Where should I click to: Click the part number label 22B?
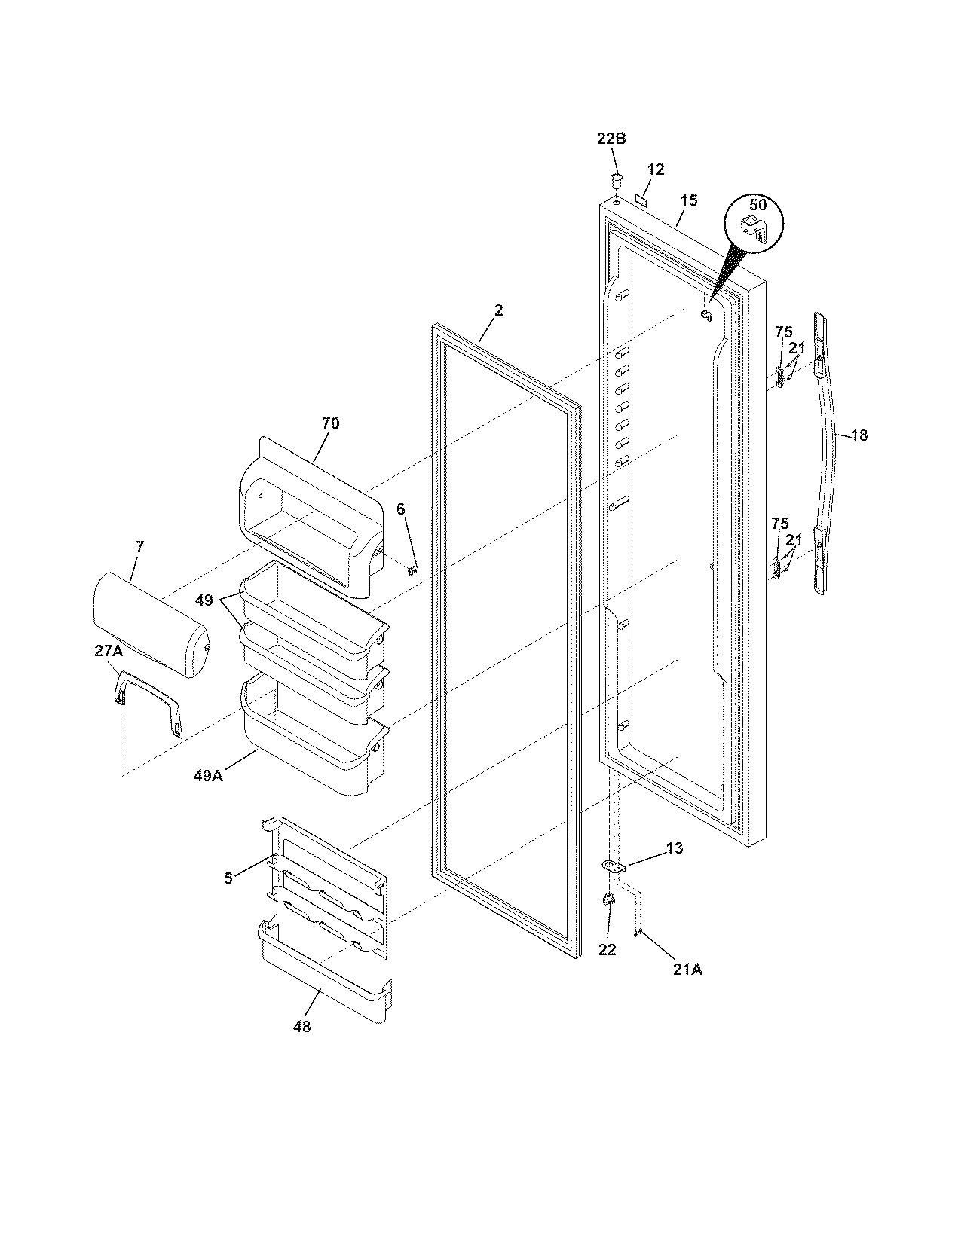pyautogui.click(x=611, y=139)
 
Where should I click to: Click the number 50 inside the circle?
pyautogui.click(x=757, y=204)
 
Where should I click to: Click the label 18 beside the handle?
pyautogui.click(x=858, y=435)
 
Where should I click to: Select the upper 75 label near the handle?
pyautogui.click(x=783, y=331)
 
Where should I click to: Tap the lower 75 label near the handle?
pyautogui.click(x=779, y=523)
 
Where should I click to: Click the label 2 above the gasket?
pyautogui.click(x=498, y=310)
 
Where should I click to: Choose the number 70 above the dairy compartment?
pyautogui.click(x=330, y=423)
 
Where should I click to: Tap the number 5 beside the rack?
pyautogui.click(x=228, y=877)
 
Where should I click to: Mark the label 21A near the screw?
pyautogui.click(x=687, y=970)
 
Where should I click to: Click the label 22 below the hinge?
pyautogui.click(x=607, y=950)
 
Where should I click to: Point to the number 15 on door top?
pyautogui.click(x=689, y=200)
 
